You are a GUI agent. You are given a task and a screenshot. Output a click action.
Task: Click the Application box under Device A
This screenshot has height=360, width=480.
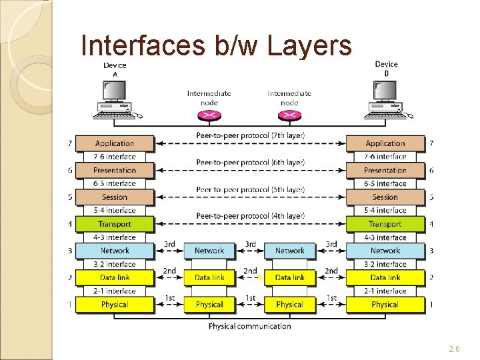115,143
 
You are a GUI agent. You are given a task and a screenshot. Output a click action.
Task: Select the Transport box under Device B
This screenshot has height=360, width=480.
385,224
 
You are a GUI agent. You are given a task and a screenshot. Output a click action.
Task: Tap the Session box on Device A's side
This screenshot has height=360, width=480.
115,197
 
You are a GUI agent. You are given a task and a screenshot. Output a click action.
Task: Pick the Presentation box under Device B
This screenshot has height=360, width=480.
385,170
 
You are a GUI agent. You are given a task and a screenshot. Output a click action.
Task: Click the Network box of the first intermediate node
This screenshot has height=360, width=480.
209,251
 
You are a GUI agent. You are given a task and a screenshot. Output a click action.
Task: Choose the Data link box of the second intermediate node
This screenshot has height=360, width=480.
289,277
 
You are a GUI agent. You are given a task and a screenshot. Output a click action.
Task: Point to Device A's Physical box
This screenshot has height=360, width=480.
115,305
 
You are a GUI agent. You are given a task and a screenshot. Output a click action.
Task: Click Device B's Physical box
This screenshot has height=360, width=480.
385,305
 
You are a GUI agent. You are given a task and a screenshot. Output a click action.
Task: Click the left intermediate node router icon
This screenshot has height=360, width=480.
209,115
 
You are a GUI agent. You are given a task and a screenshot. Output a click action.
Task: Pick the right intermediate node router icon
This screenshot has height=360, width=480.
289,115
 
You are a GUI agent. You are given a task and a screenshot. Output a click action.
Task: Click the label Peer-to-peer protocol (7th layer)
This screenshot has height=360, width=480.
250,135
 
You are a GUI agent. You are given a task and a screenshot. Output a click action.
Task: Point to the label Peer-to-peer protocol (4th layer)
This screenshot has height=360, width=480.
250,216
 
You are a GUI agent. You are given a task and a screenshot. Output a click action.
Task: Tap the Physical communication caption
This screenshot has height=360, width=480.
249,326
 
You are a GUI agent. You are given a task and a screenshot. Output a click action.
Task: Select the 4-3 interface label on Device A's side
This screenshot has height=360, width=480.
115,237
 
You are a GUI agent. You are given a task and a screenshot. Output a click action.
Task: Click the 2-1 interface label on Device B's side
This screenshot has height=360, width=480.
385,291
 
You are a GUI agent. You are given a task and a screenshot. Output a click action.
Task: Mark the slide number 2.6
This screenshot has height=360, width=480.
454,348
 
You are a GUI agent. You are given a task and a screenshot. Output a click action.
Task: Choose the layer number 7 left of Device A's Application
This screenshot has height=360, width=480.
69,143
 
